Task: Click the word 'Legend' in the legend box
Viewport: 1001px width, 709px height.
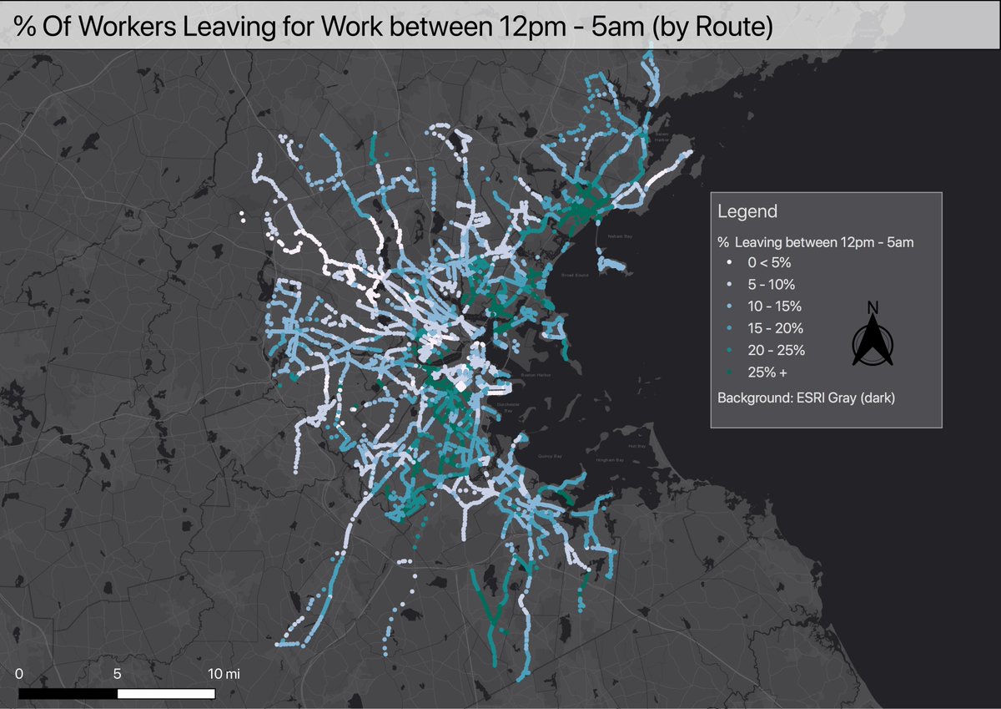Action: pyautogui.click(x=747, y=212)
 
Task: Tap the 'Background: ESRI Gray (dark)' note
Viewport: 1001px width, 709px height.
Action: pyautogui.click(x=806, y=398)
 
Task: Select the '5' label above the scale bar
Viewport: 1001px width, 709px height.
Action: pyautogui.click(x=117, y=673)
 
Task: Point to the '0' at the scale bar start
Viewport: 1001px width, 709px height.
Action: pyautogui.click(x=19, y=673)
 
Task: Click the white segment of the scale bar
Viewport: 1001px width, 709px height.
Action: pyautogui.click(x=166, y=693)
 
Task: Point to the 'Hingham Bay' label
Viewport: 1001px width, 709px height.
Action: pyautogui.click(x=610, y=460)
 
